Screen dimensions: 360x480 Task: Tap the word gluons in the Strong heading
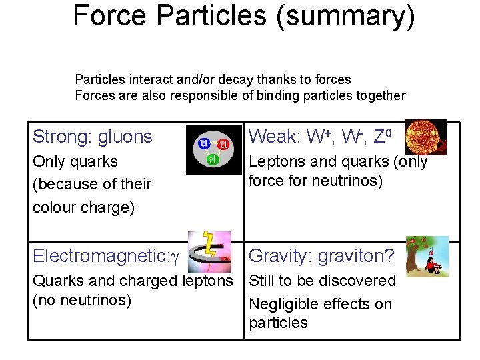(x=125, y=137)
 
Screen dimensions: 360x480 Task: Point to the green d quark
(x=213, y=159)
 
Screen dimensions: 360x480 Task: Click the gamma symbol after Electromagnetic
(x=175, y=256)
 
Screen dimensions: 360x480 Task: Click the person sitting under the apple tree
(x=433, y=266)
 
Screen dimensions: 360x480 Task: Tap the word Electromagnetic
(x=99, y=256)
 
